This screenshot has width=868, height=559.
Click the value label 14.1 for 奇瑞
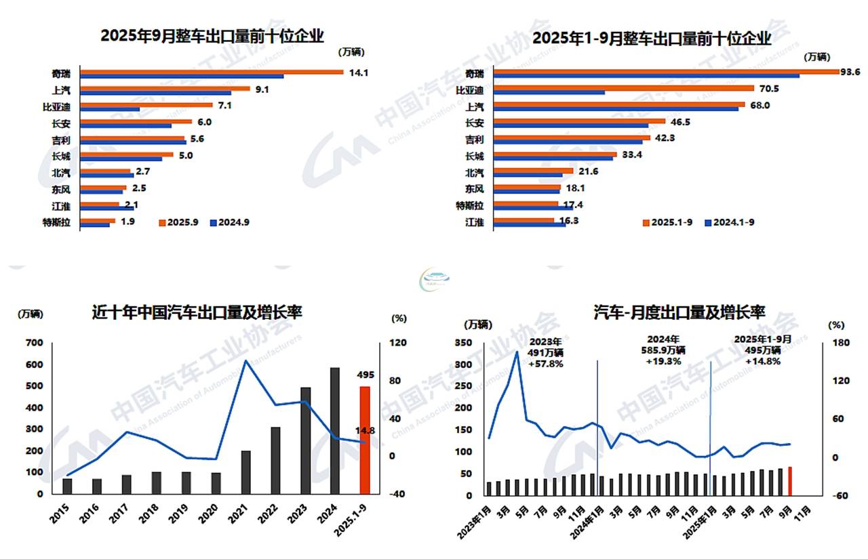(357, 73)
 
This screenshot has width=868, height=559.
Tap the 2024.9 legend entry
(230, 222)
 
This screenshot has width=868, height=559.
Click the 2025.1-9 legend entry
(669, 222)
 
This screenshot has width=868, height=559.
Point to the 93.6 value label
(850, 73)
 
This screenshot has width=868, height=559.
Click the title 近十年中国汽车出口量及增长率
(197, 312)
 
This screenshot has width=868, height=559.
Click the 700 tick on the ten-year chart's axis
(33, 343)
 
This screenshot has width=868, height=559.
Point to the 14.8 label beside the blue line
(366, 430)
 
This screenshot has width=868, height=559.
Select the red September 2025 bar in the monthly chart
(789, 480)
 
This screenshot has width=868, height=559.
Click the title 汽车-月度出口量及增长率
(679, 312)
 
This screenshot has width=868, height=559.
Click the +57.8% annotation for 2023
(547, 364)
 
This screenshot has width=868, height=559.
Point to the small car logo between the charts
(435, 278)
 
